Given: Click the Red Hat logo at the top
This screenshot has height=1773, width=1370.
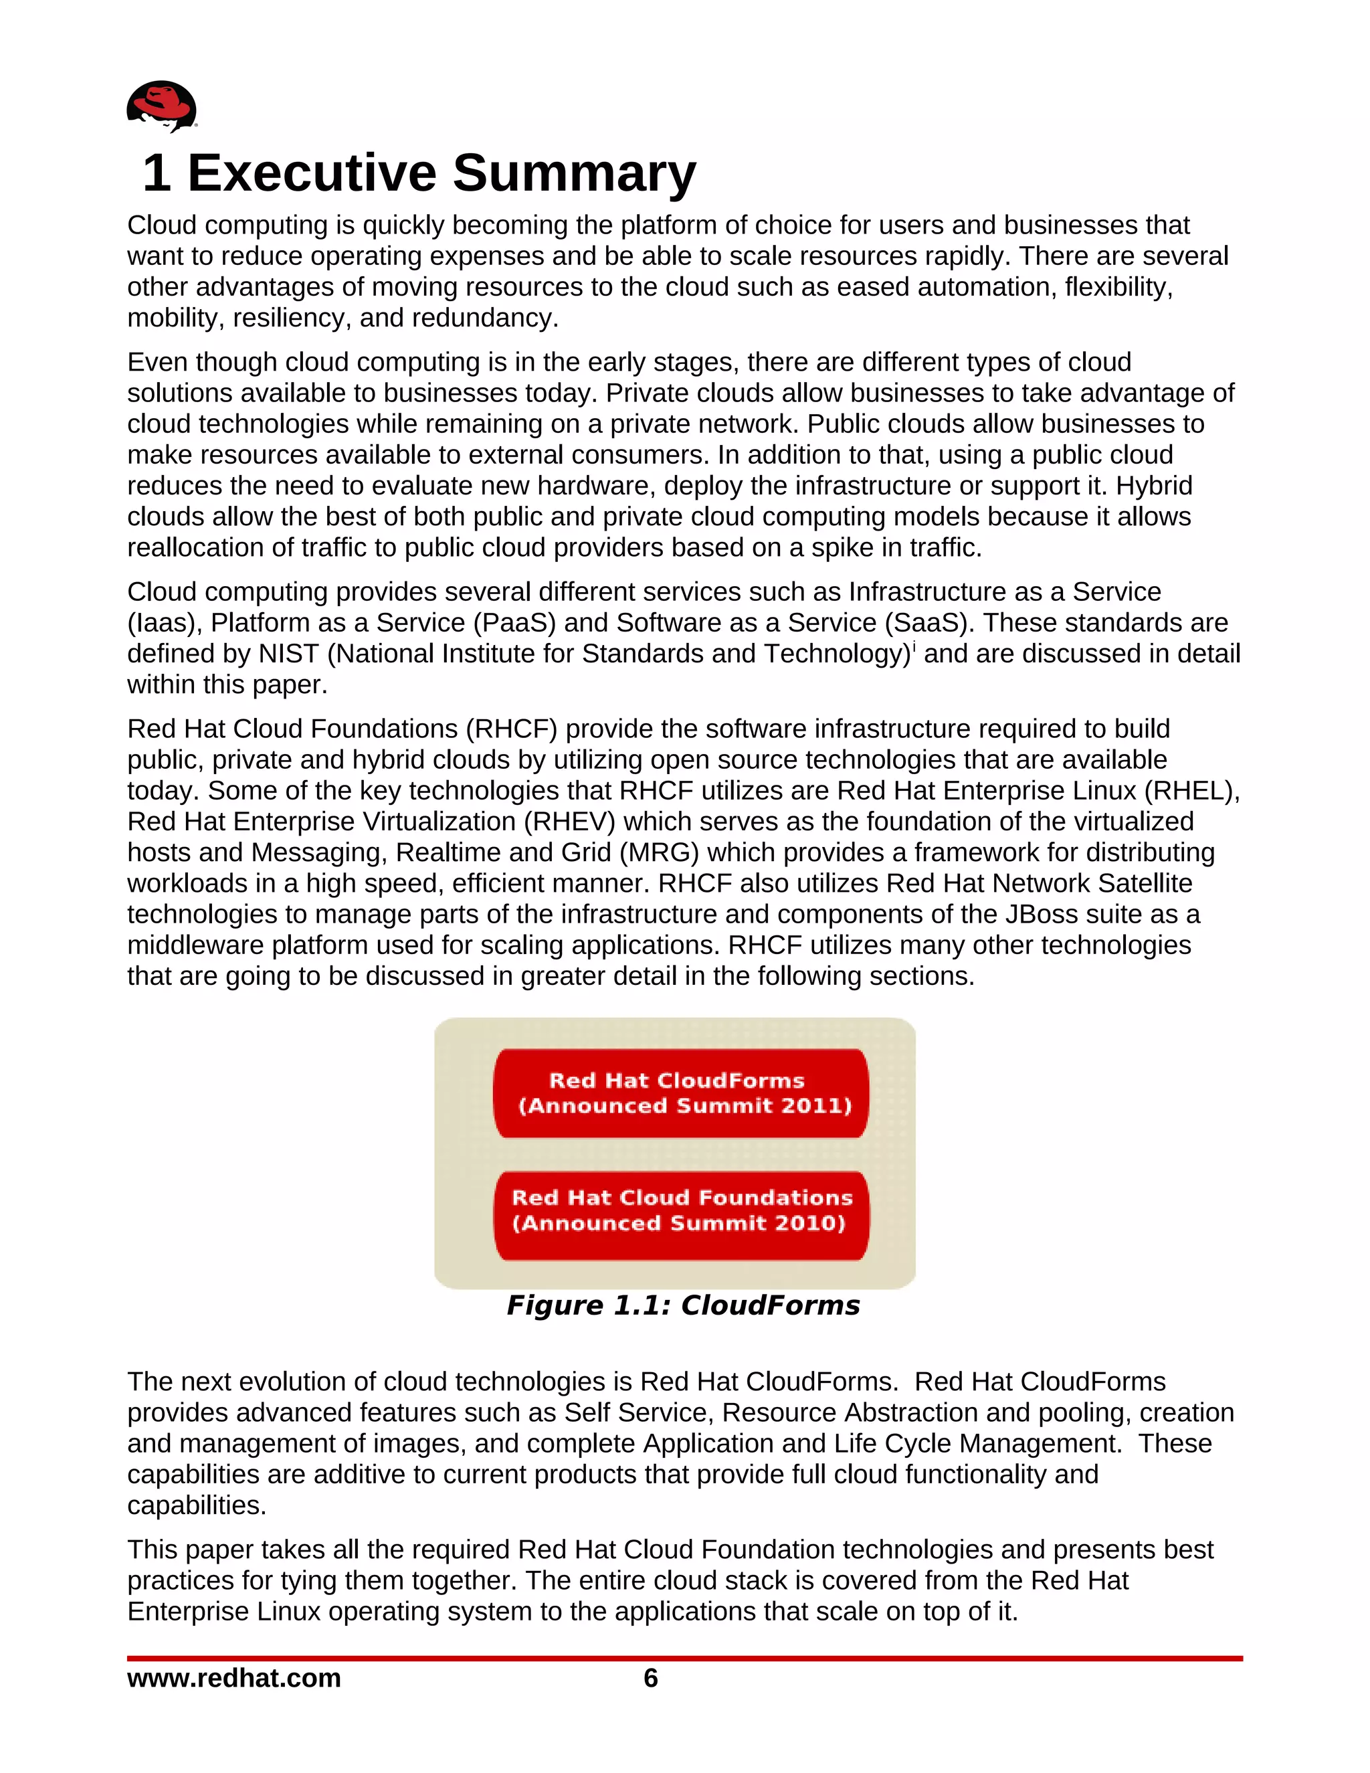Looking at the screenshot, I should pyautogui.click(x=161, y=106).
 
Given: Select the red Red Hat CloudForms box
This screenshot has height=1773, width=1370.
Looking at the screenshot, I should pyautogui.click(x=681, y=1093).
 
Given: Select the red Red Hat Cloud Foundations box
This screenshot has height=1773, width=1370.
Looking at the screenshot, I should pyautogui.click(x=681, y=1215).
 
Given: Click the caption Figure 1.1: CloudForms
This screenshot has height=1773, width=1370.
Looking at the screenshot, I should pyautogui.click(x=682, y=1305).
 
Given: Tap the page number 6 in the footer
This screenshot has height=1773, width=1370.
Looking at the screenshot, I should pyautogui.click(x=650, y=1678).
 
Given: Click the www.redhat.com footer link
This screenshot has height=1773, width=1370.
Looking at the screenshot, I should pyautogui.click(x=233, y=1678).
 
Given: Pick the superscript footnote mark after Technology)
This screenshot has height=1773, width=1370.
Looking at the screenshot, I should pyautogui.click(x=914, y=647).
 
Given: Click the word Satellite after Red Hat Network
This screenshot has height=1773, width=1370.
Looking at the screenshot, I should pyautogui.click(x=1145, y=883).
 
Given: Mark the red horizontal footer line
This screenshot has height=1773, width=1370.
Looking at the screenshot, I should pyautogui.click(x=684, y=1659).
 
